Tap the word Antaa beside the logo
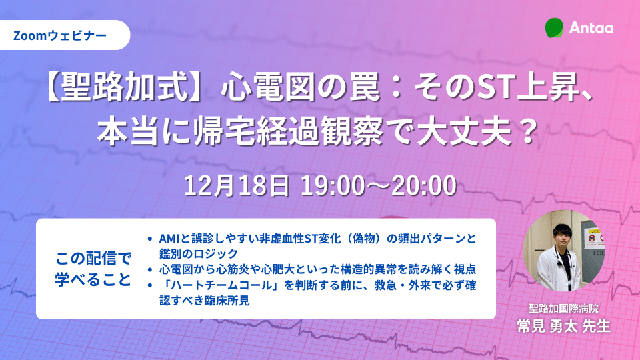point(591,28)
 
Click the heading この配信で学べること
point(93,268)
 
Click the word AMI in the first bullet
point(170,238)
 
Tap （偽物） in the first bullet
point(365,238)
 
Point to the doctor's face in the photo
point(561,235)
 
